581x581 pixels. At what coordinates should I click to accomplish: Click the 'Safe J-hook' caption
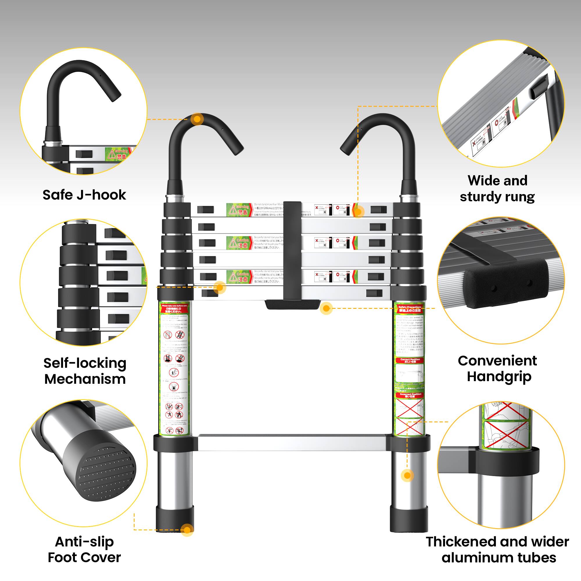tap(84, 195)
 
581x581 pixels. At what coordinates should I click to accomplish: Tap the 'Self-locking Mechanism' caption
tap(85, 371)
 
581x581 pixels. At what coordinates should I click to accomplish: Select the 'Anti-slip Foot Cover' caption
tap(84, 549)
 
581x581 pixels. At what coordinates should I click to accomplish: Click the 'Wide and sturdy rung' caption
tap(497, 189)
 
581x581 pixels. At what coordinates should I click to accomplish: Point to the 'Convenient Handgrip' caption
tap(498, 368)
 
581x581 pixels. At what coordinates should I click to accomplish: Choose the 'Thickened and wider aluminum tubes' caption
tap(498, 549)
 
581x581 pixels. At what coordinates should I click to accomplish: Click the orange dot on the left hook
tap(197, 119)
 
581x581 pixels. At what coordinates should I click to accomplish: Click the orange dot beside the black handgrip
tap(326, 308)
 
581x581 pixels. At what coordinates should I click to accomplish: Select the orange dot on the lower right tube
tap(407, 476)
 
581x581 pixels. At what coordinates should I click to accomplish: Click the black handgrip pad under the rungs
tap(292, 304)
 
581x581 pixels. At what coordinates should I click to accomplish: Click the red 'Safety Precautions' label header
tap(410, 309)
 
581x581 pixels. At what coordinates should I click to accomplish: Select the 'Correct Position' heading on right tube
tap(410, 360)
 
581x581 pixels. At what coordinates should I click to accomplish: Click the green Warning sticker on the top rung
tap(239, 210)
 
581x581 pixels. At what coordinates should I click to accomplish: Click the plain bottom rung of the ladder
tap(292, 442)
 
